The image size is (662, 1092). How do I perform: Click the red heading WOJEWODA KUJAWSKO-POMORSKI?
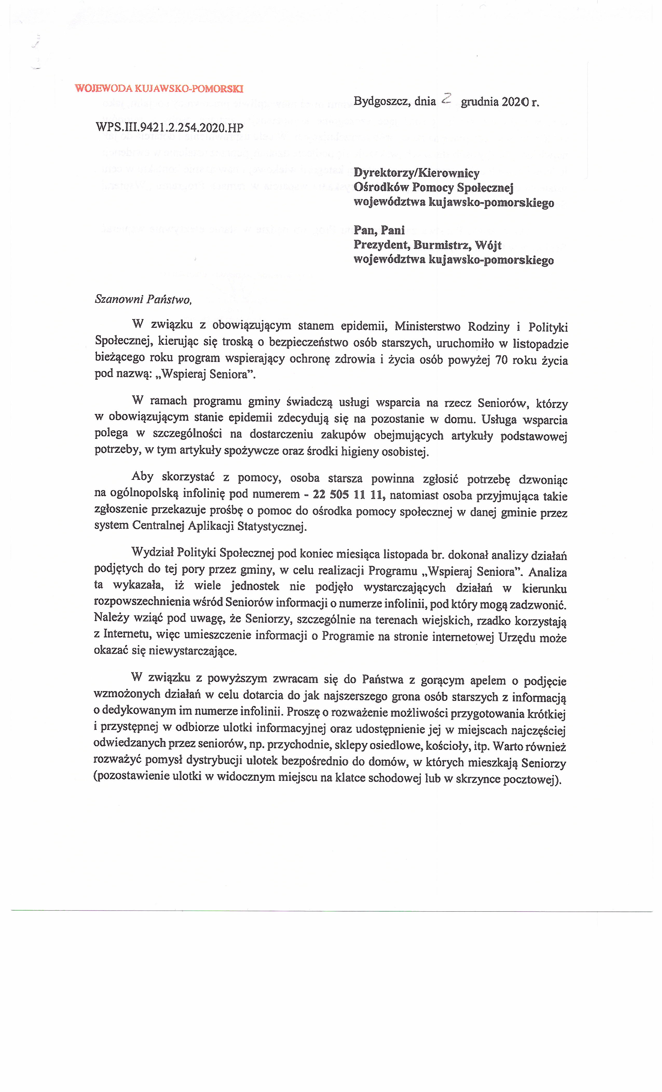159,88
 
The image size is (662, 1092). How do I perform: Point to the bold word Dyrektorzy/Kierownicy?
416,173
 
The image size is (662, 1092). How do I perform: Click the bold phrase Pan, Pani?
379,230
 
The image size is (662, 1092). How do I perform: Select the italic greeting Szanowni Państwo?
143,300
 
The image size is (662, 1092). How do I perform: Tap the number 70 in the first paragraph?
501,360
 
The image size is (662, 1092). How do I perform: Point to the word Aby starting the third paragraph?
142,477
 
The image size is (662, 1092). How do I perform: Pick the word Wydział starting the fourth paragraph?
152,552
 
